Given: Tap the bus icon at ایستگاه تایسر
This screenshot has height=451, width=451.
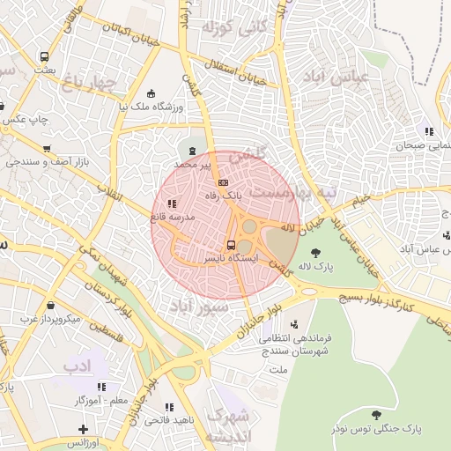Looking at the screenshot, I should (231, 246).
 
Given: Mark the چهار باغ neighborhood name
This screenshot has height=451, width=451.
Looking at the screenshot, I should (90, 84).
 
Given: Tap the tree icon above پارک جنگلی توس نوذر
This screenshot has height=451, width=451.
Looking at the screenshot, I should (376, 414).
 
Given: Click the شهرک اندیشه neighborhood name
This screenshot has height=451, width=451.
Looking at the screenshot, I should (227, 425).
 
